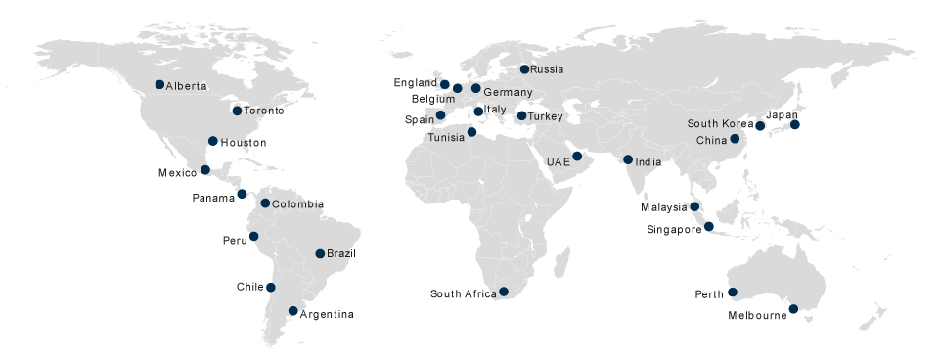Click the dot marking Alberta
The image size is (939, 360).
coord(159,84)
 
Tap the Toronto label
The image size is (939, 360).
coord(264,111)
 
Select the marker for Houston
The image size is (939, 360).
coord(212,141)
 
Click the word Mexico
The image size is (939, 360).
coord(178,173)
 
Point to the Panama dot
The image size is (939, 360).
coord(242,194)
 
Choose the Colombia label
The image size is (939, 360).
coord(297,204)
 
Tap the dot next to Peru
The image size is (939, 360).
coord(253,236)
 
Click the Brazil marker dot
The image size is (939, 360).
coord(320,253)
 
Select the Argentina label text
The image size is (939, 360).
coord(327,314)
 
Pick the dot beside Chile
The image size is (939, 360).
coord(271,287)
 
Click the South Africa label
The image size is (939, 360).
coord(463,293)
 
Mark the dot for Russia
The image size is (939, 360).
coord(524,68)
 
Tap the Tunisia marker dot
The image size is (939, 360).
coord(471,132)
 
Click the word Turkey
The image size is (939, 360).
coord(546,117)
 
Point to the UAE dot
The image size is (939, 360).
coord(577,156)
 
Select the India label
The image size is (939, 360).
coord(648,162)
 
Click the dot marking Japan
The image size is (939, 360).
coord(795,124)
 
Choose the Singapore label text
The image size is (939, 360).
coord(674,230)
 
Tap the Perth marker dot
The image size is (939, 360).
coord(732,292)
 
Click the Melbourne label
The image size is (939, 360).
coord(757,316)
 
